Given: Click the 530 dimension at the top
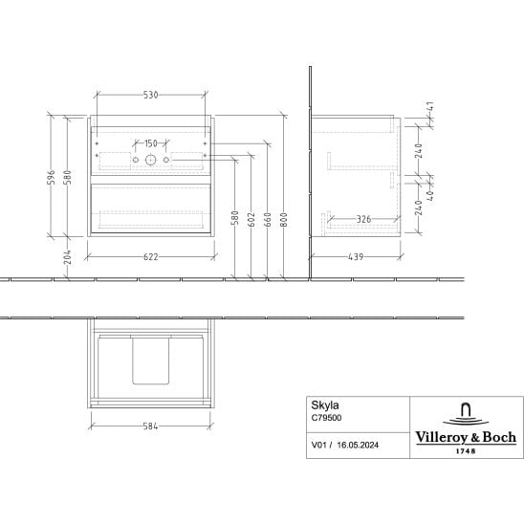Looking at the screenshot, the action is pyautogui.click(x=150, y=96).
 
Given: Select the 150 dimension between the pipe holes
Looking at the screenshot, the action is pyautogui.click(x=151, y=143).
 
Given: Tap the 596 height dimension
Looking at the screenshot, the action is pyautogui.click(x=51, y=177).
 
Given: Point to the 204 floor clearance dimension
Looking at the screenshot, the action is pyautogui.click(x=68, y=256).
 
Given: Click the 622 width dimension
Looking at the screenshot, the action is pyautogui.click(x=151, y=257).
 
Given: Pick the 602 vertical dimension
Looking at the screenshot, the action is pyautogui.click(x=251, y=219).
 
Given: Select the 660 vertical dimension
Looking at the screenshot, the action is pyautogui.click(x=268, y=219).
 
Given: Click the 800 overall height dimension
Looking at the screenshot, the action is pyautogui.click(x=283, y=219).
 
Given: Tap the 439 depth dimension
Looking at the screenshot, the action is pyautogui.click(x=356, y=257).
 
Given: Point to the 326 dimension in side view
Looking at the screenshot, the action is pyautogui.click(x=363, y=219).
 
